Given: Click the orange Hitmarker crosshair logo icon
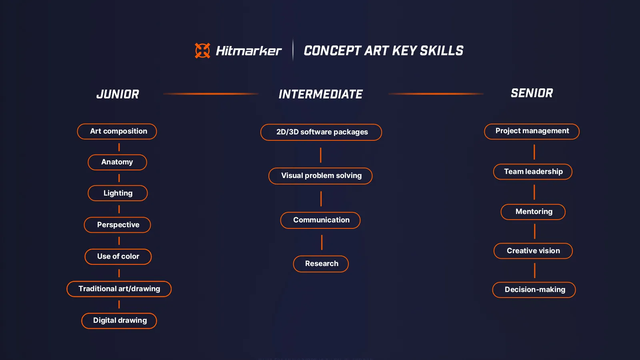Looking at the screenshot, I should point(202,51).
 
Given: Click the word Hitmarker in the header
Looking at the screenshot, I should point(248,51).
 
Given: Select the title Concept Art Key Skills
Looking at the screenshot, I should point(383,51).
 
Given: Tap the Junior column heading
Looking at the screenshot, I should point(118,94).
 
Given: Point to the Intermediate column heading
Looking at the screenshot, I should point(320,94).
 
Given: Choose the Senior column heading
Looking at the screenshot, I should point(532,93).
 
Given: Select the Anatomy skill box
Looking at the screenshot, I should point(117,162).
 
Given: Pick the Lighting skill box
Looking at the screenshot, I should point(118,193).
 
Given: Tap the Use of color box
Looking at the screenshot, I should point(118,256).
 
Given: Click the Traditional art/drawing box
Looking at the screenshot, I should point(119,289).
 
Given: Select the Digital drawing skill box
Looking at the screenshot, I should point(119,320).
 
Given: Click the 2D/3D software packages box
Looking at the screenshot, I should point(321,132).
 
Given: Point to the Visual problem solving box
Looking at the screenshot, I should point(320,176).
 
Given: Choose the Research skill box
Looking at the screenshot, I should point(321,264).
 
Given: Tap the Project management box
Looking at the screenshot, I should point(532,131).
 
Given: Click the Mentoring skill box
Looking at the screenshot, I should point(533,212).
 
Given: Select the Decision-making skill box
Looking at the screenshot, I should point(534,290).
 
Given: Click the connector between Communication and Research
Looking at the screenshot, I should point(322,242).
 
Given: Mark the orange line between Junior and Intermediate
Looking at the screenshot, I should point(210,94).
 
